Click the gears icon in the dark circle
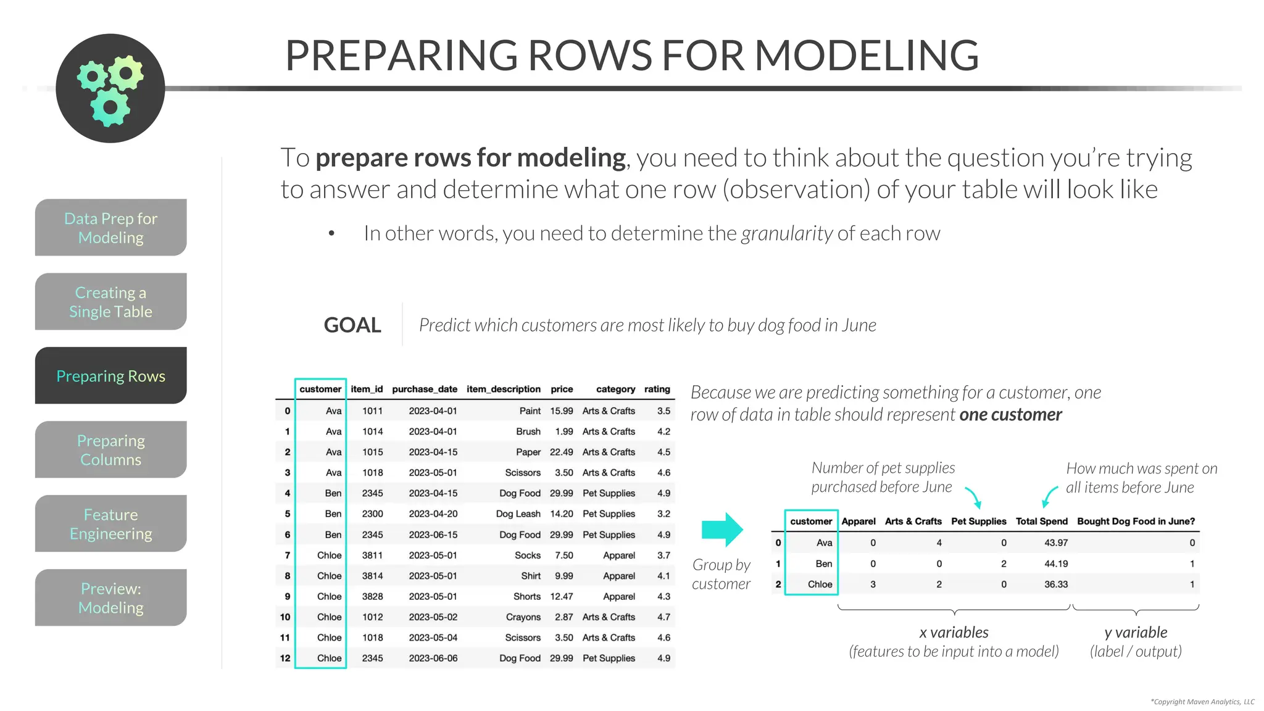[x=110, y=88]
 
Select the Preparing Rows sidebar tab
[x=111, y=376]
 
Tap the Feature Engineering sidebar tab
[x=111, y=524]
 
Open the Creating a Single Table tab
[x=111, y=302]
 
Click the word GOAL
[x=352, y=325]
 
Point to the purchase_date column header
[x=425, y=389]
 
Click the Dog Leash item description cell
[x=518, y=513]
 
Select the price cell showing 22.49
[x=561, y=452]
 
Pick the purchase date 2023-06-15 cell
[x=433, y=534]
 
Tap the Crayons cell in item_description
[x=523, y=617]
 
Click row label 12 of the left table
[x=285, y=658]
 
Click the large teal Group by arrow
[x=722, y=530]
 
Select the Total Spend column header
[x=1041, y=521]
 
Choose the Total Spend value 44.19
[x=1055, y=563]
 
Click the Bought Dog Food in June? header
[x=1136, y=521]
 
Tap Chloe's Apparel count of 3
[x=873, y=584]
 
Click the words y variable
[x=1136, y=632]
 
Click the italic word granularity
[x=787, y=233]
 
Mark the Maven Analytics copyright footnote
[x=1202, y=702]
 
